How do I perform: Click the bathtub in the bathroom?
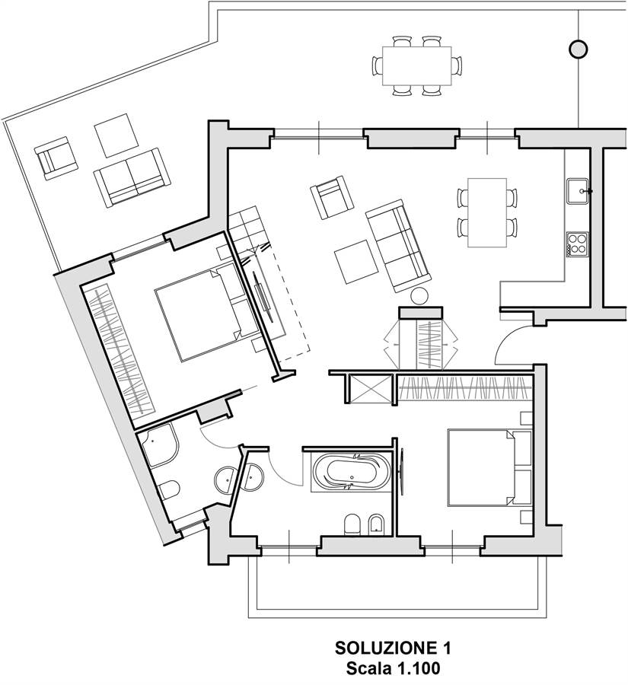tap(352, 472)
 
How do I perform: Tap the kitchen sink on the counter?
tap(579, 191)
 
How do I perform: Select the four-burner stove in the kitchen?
tap(578, 244)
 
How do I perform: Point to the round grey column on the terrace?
tap(579, 49)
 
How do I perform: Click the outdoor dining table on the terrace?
tap(417, 65)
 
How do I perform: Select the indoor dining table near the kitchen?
tap(487, 212)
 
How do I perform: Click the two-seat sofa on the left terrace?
tap(132, 177)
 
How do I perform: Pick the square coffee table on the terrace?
tap(116, 135)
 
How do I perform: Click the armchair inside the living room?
tap(332, 196)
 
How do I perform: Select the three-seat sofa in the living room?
tap(397, 246)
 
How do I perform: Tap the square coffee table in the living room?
tap(355, 262)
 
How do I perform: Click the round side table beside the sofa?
tap(419, 296)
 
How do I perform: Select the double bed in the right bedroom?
tap(489, 468)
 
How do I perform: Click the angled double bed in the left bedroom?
tap(207, 312)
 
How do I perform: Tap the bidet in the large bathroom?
tap(377, 523)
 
